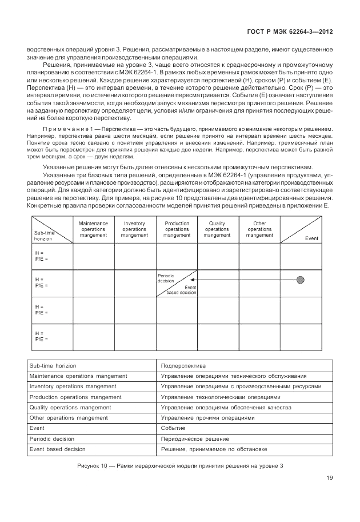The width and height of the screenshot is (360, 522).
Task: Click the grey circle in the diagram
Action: [300, 280]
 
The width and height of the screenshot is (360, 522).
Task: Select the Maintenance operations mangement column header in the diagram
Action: [94, 229]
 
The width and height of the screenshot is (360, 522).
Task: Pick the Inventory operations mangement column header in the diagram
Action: [134, 229]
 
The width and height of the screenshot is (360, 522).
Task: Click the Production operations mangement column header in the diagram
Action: [177, 229]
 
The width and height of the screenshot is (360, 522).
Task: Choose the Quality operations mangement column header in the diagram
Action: [217, 229]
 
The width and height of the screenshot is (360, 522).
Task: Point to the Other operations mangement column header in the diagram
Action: [259, 229]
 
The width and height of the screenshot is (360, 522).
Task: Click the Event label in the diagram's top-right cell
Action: [312, 238]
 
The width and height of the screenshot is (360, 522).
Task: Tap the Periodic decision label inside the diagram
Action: [166, 278]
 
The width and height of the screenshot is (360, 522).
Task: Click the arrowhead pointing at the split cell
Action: [201, 280]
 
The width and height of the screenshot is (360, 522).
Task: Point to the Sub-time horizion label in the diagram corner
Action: [44, 236]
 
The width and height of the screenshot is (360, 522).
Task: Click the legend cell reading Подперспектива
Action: [183, 365]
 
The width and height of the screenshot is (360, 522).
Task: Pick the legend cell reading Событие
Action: [173, 428]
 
